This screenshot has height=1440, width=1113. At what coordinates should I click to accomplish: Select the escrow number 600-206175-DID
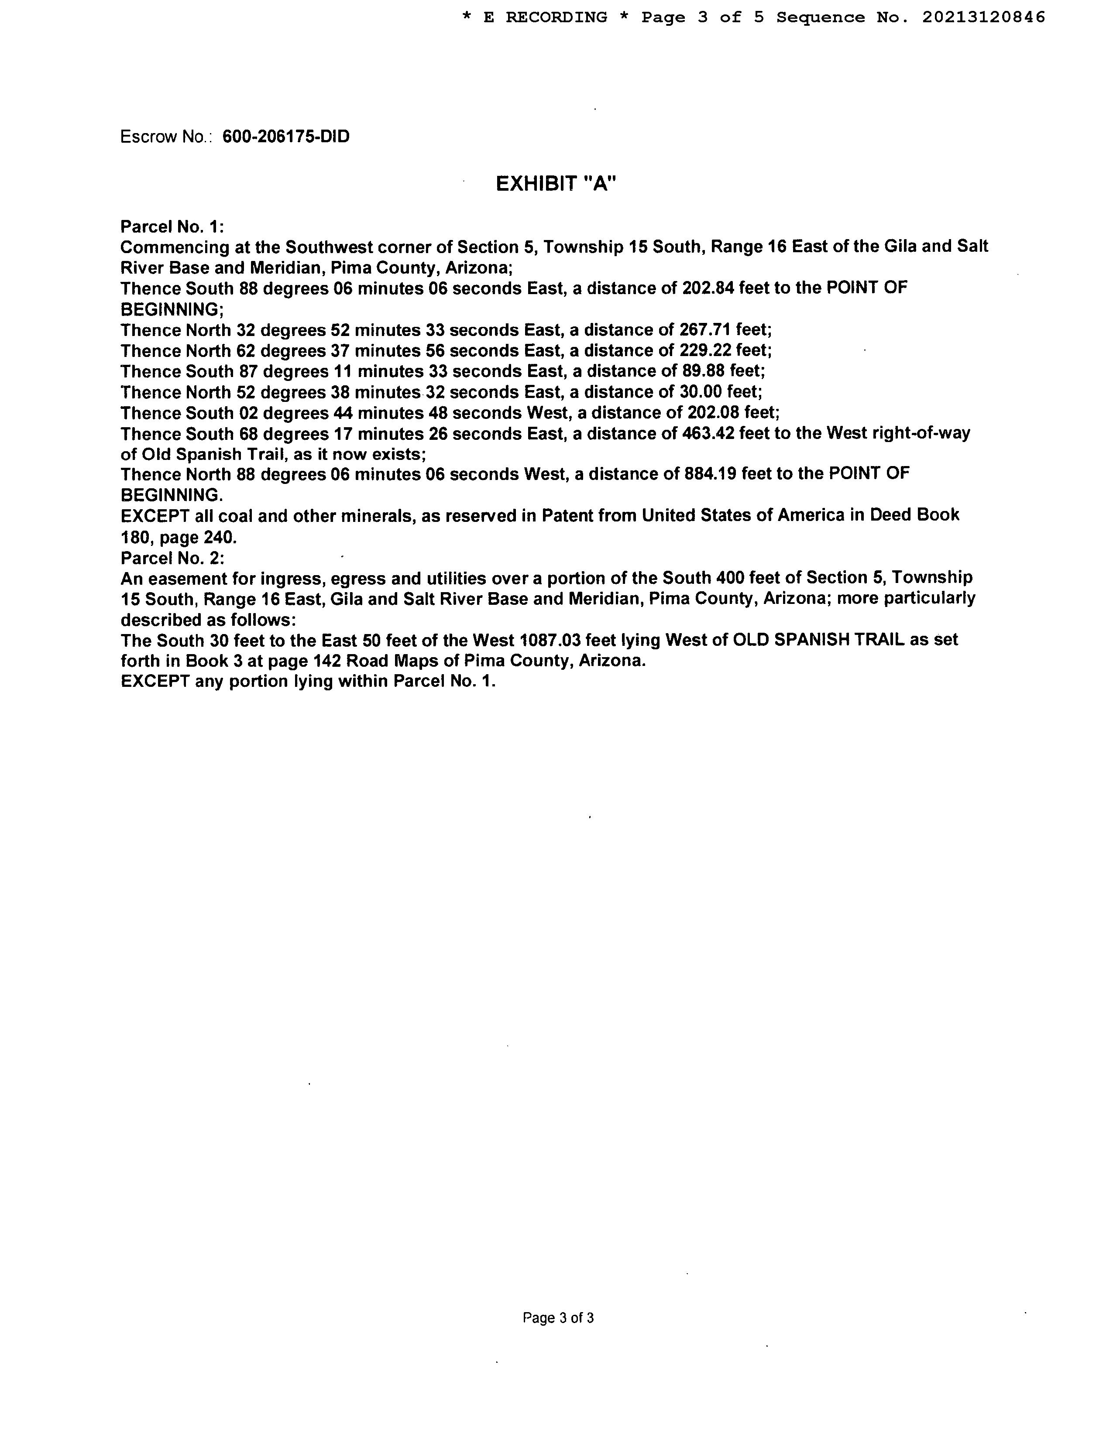[286, 137]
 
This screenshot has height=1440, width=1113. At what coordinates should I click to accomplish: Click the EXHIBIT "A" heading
[556, 183]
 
